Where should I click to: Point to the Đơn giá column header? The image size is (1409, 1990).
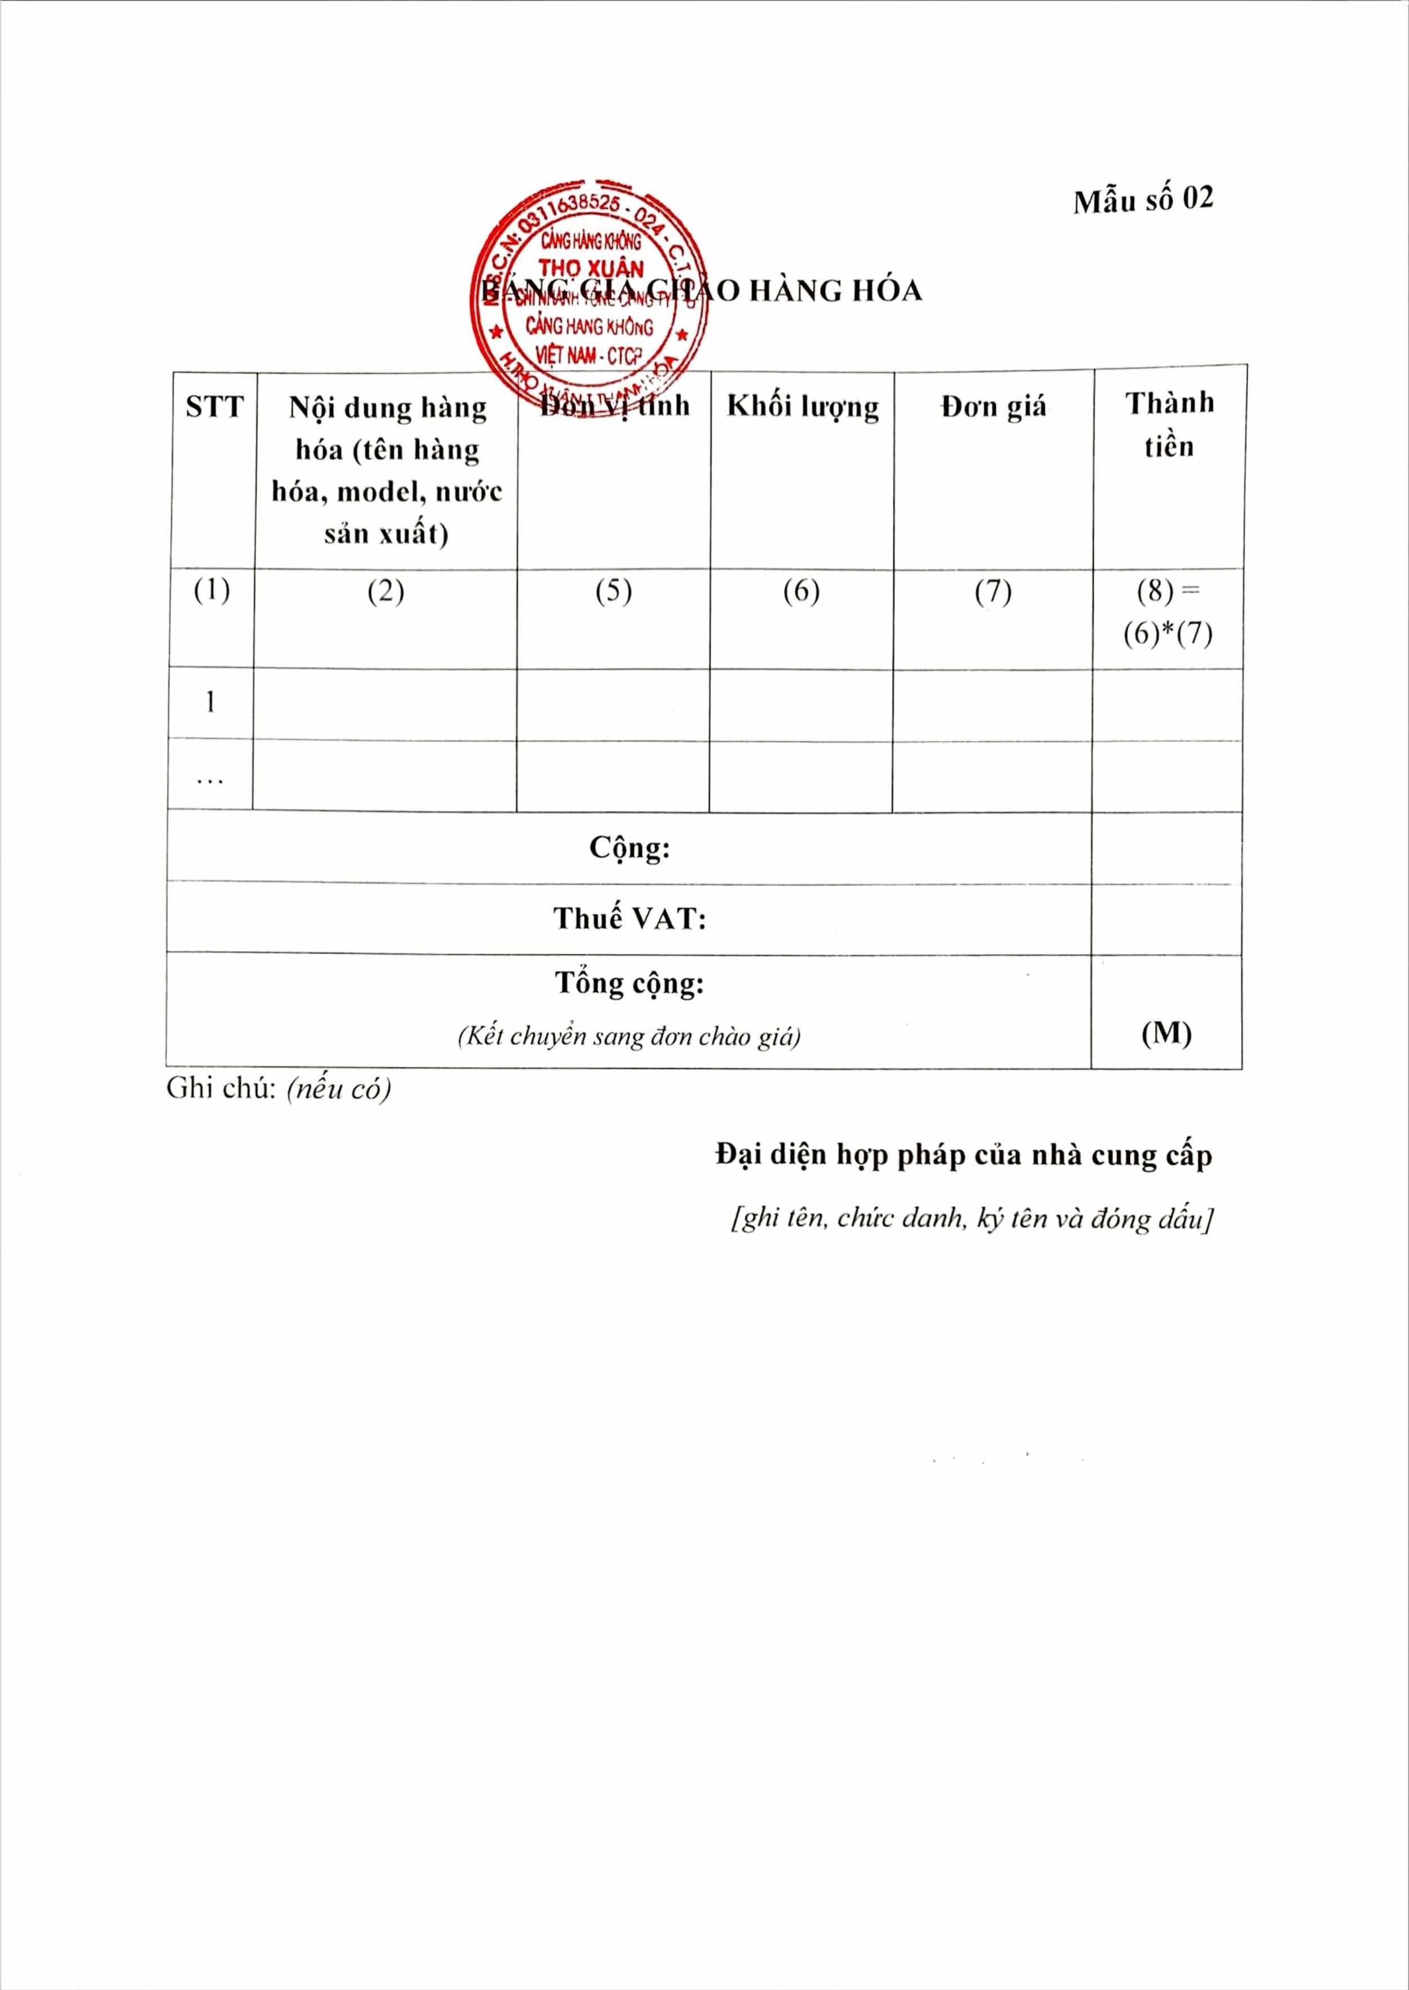coord(994,407)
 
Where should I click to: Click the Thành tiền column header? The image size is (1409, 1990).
coord(1169,424)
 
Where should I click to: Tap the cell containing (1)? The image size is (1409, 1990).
coord(212,591)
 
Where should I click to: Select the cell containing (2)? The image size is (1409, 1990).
coord(386,591)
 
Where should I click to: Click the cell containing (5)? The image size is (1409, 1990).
coord(614,591)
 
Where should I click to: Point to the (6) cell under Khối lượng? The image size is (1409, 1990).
coord(801,591)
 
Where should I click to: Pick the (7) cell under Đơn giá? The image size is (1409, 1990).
coord(992,591)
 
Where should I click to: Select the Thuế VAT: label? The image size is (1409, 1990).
coord(630,918)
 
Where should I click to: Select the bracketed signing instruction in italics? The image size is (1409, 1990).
coord(972,1220)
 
